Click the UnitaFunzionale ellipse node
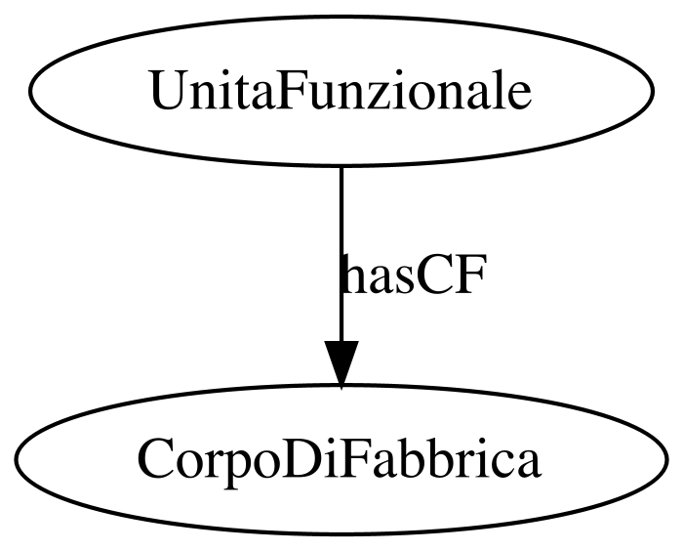pos(341,91)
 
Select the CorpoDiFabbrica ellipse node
pos(341,460)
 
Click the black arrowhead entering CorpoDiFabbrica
pos(341,363)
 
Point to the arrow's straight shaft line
pos(341,254)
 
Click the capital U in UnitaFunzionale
pos(167,90)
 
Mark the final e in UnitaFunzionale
pos(517,96)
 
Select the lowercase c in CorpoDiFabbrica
pos(501,464)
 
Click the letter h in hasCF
pos(352,274)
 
